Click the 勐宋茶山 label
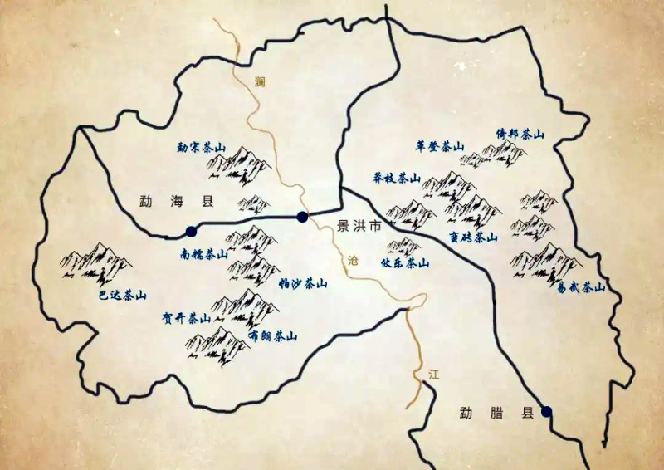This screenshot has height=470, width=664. (201, 148)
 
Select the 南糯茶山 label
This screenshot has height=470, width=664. (203, 255)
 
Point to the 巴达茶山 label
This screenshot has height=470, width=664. (122, 295)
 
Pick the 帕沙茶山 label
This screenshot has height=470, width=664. (303, 283)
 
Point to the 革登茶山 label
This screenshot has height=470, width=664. (439, 145)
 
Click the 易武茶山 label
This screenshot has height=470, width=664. (582, 287)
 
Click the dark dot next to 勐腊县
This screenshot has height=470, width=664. (546, 411)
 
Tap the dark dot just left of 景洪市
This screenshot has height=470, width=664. (302, 217)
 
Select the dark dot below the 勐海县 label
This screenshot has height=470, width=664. (191, 231)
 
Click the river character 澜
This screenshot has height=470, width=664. (261, 81)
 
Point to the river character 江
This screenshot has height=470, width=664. (432, 375)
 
